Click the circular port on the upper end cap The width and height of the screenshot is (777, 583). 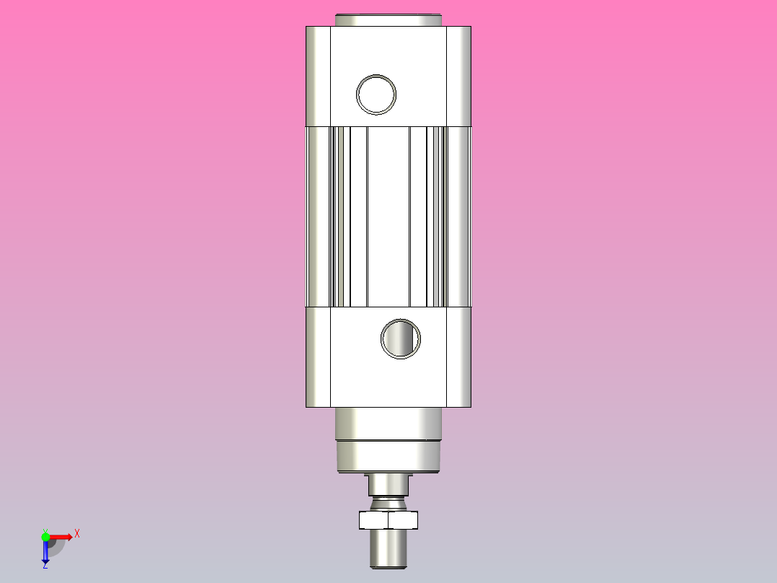pos(376,94)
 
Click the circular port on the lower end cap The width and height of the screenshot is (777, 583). pos(400,338)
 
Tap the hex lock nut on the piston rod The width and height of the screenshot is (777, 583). pos(388,520)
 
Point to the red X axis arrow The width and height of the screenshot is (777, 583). pos(61,536)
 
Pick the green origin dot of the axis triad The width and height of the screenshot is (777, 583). pos(46,536)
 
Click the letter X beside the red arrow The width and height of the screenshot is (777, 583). pos(77,534)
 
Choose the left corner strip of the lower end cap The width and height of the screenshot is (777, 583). pos(318,356)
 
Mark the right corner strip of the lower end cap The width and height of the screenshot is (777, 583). pos(458,356)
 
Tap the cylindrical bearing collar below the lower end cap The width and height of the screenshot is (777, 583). pos(388,424)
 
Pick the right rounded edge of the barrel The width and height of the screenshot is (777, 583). pos(463,216)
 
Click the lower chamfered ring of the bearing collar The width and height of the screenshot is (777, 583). pos(388,457)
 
